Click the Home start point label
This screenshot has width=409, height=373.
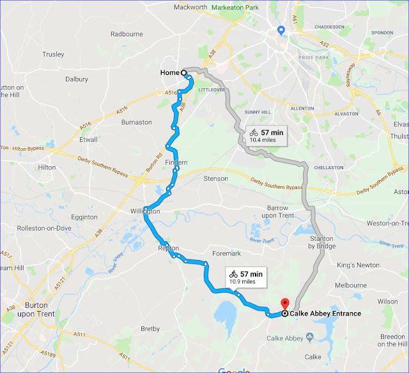click(169, 73)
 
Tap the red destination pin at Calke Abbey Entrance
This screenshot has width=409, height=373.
click(284, 304)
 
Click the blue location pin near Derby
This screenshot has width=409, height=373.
click(281, 31)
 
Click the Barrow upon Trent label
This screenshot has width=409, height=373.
click(282, 212)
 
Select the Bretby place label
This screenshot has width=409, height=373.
click(150, 330)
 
